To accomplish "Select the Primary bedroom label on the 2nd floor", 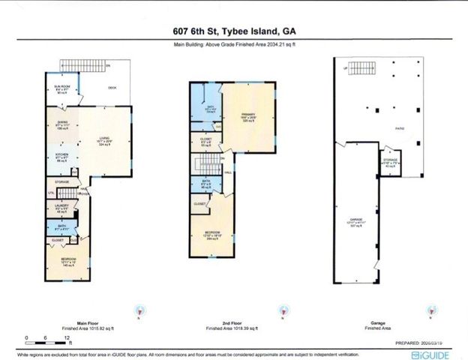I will point(248,117).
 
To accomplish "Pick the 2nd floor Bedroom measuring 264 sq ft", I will point(213,235).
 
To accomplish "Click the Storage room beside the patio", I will point(389,163).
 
